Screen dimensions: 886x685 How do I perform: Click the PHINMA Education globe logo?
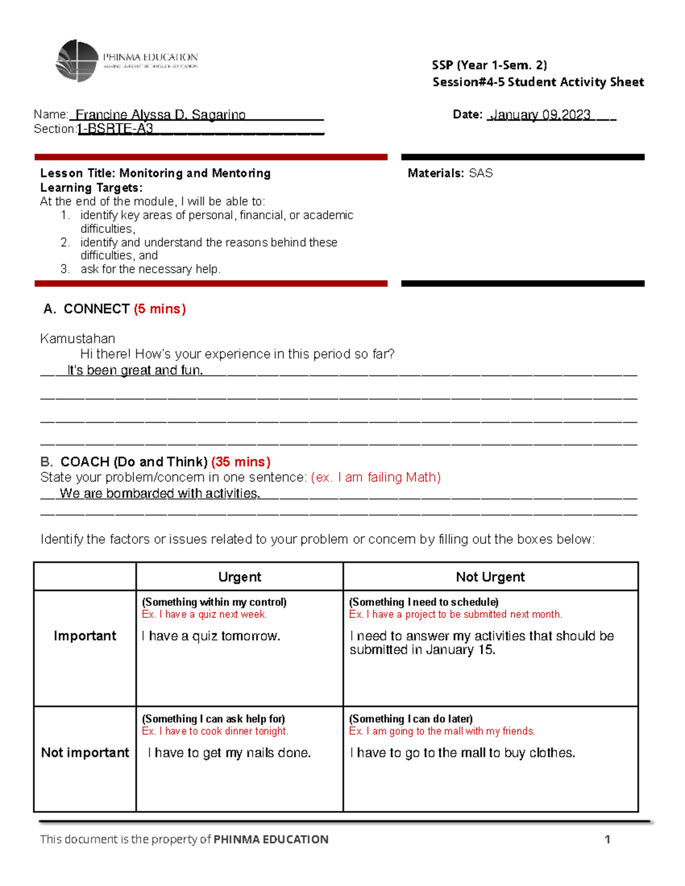(x=77, y=60)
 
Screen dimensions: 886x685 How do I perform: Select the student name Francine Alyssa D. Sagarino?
(x=160, y=115)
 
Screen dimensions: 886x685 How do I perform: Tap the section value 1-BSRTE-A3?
(x=115, y=128)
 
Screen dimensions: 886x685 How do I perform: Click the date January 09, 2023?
(x=540, y=115)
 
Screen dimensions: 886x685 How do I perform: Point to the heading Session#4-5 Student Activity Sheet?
(x=538, y=82)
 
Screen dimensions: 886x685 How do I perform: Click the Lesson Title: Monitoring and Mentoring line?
(x=155, y=173)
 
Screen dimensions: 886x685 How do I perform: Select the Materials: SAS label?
(x=450, y=173)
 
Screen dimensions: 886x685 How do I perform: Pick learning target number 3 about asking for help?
(x=150, y=269)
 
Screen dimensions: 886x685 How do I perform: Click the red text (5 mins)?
(x=160, y=309)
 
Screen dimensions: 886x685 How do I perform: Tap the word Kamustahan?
(x=78, y=338)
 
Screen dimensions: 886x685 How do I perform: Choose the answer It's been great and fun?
(x=135, y=370)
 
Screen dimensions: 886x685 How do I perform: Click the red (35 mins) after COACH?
(x=240, y=462)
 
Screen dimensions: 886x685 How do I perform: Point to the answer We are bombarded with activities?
(x=160, y=493)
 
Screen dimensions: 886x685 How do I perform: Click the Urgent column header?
(x=239, y=577)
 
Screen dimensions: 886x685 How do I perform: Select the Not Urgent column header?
(x=490, y=577)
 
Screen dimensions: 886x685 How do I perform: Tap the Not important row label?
(x=85, y=753)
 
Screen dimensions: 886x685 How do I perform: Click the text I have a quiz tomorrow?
(x=211, y=636)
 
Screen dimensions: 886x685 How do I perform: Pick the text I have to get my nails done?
(x=229, y=753)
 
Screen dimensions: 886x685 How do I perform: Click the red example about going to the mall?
(x=442, y=731)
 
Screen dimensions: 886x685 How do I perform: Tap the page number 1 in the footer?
(x=607, y=839)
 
